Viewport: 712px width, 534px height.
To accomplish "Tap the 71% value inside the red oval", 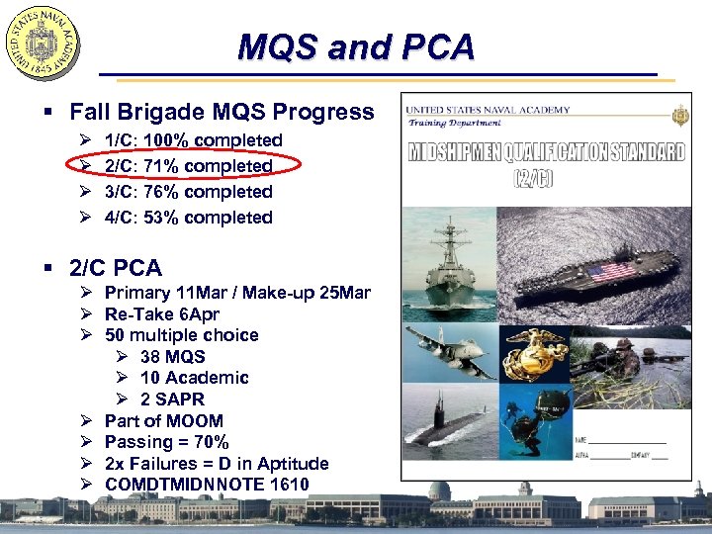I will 161,166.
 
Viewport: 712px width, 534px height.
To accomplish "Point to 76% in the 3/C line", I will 161,192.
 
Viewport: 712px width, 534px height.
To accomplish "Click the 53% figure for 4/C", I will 161,218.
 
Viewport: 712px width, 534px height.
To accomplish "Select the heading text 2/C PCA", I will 116,267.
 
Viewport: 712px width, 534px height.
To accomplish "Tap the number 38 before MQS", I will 151,357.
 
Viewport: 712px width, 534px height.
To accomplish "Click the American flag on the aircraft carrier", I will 611,270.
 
